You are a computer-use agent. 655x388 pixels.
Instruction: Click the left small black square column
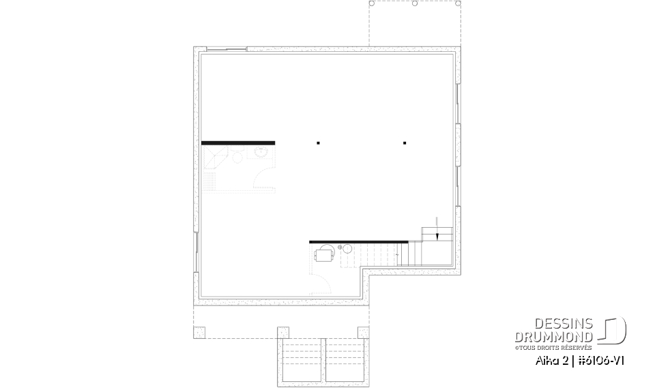click(318, 143)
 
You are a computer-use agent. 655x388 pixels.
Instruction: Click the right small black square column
click(405, 143)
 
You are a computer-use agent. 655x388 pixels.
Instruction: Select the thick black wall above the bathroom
click(238, 143)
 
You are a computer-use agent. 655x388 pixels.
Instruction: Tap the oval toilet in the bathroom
click(237, 158)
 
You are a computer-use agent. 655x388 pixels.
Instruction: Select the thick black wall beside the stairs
click(358, 241)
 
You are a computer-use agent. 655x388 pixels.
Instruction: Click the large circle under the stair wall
click(346, 250)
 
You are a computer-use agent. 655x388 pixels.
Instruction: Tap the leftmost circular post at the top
click(372, 3)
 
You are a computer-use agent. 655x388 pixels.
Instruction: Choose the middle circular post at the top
click(415, 3)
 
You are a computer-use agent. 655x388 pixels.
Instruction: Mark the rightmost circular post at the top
click(458, 3)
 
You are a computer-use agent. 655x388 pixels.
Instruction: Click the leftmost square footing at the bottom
click(199, 332)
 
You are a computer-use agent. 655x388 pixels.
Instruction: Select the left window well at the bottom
click(300, 360)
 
